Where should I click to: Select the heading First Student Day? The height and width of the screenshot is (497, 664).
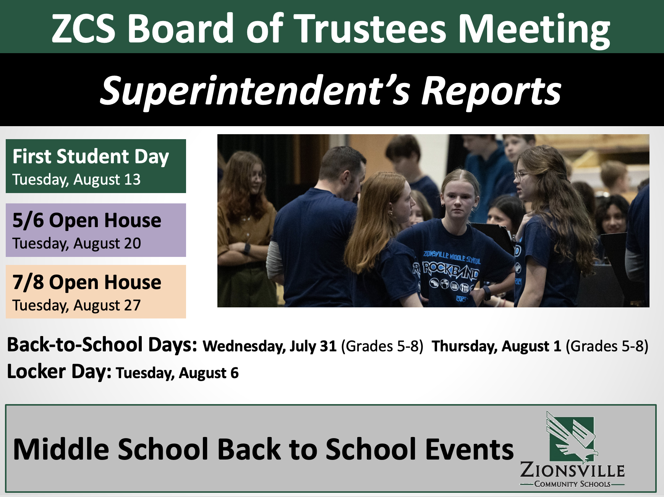point(91,157)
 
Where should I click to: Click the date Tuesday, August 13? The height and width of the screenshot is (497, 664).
point(76,179)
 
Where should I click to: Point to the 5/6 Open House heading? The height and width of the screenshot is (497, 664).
point(87,221)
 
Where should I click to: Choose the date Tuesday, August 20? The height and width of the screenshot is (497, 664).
point(76,243)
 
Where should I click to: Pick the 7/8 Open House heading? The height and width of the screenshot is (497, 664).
point(87,282)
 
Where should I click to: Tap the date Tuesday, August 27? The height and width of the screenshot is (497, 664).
point(76,305)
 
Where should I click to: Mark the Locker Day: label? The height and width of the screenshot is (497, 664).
point(59,372)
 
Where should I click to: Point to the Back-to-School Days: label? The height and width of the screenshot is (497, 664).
point(102,344)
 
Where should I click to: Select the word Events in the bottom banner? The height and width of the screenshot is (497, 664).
point(470,449)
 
